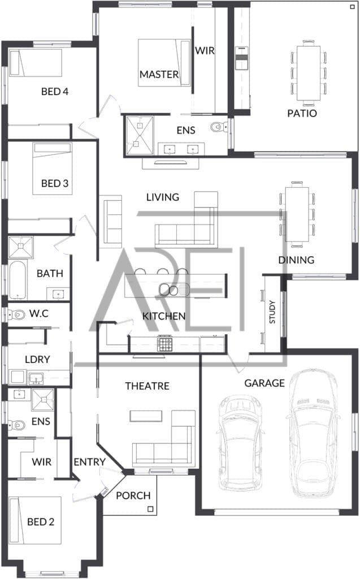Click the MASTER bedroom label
(159, 74)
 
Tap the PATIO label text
(302, 113)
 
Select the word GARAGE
(264, 383)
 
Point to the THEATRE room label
(147, 386)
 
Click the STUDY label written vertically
(272, 312)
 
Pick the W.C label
(39, 314)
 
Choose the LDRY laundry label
(37, 359)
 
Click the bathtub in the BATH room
(17, 280)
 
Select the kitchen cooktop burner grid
(164, 344)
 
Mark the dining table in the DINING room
(297, 214)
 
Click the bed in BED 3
(52, 169)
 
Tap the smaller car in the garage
(240, 443)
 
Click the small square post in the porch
(150, 509)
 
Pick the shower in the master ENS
(139, 135)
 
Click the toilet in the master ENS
(219, 127)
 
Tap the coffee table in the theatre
(146, 416)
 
